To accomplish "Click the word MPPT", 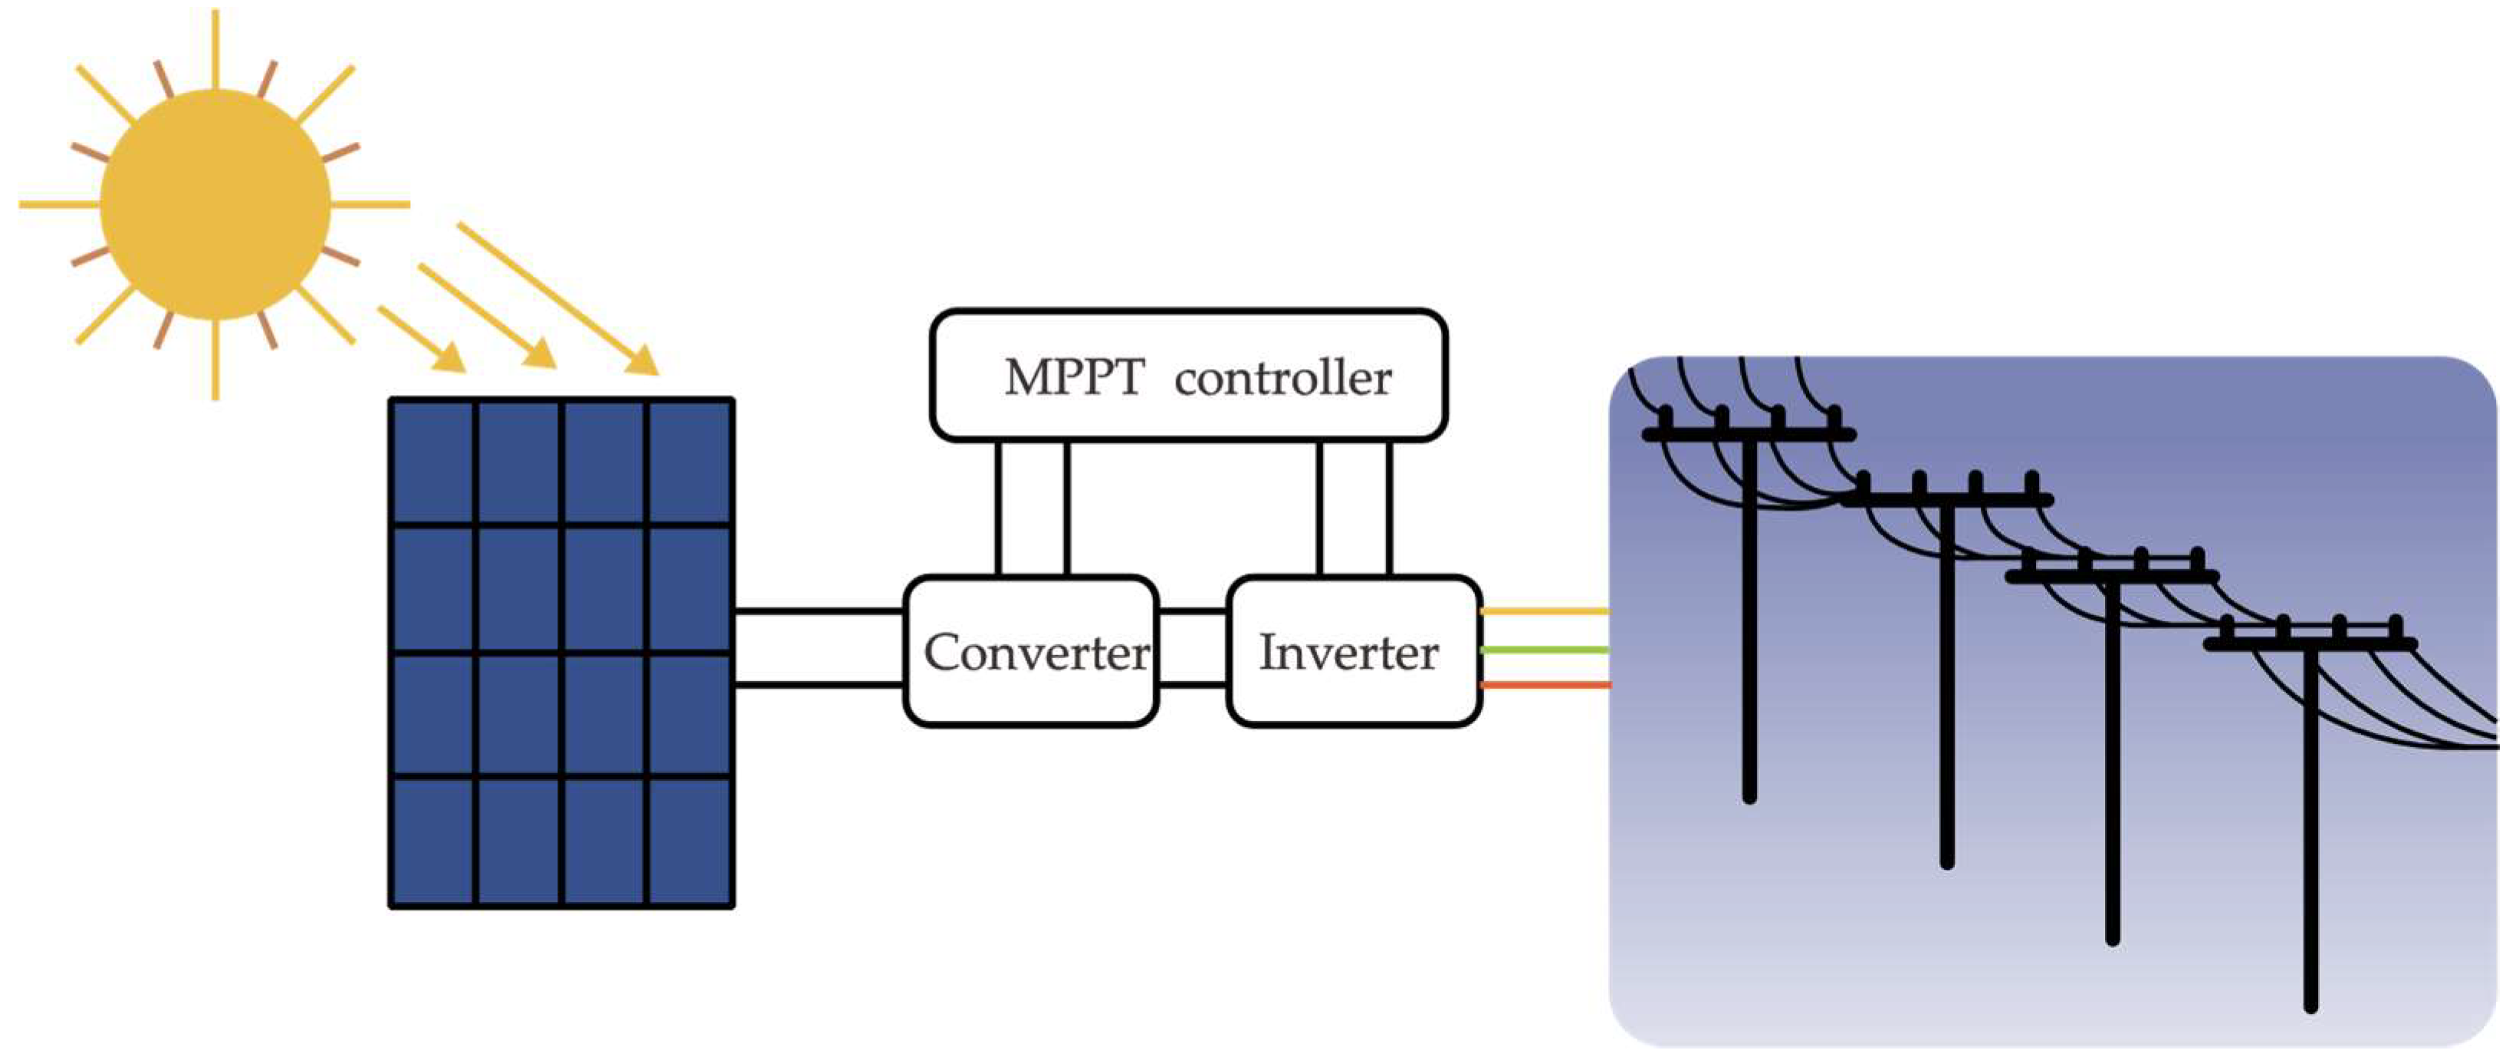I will coord(1073,378).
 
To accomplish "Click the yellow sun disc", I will coord(215,205).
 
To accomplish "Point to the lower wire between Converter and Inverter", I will coord(1192,685).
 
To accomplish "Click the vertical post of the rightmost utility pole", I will coord(2310,828).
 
